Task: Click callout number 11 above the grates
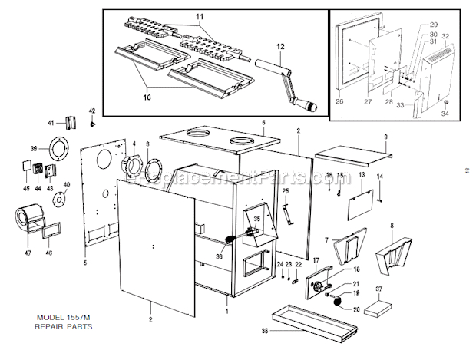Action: (200, 16)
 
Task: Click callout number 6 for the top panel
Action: (263, 122)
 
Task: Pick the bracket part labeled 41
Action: (71, 124)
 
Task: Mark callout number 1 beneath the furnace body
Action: (226, 312)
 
